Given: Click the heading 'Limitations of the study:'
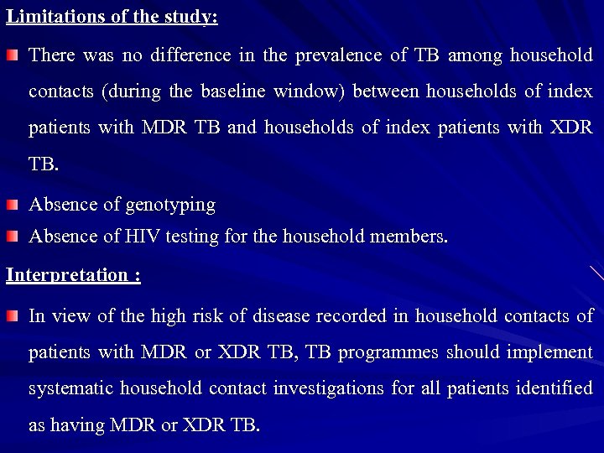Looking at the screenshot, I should tap(112, 18).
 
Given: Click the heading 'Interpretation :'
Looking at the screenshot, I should tap(73, 276).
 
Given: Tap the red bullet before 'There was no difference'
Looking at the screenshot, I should tap(12, 55).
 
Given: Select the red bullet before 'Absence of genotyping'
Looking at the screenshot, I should tap(12, 205).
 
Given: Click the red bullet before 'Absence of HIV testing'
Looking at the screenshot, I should tap(12, 237).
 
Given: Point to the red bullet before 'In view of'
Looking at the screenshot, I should tap(12, 316).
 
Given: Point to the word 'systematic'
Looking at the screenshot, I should tap(70, 388).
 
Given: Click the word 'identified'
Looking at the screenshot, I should tap(558, 388).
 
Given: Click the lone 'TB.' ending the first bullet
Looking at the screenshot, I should tap(44, 164).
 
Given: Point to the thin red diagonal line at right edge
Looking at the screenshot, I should tap(596, 272).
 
